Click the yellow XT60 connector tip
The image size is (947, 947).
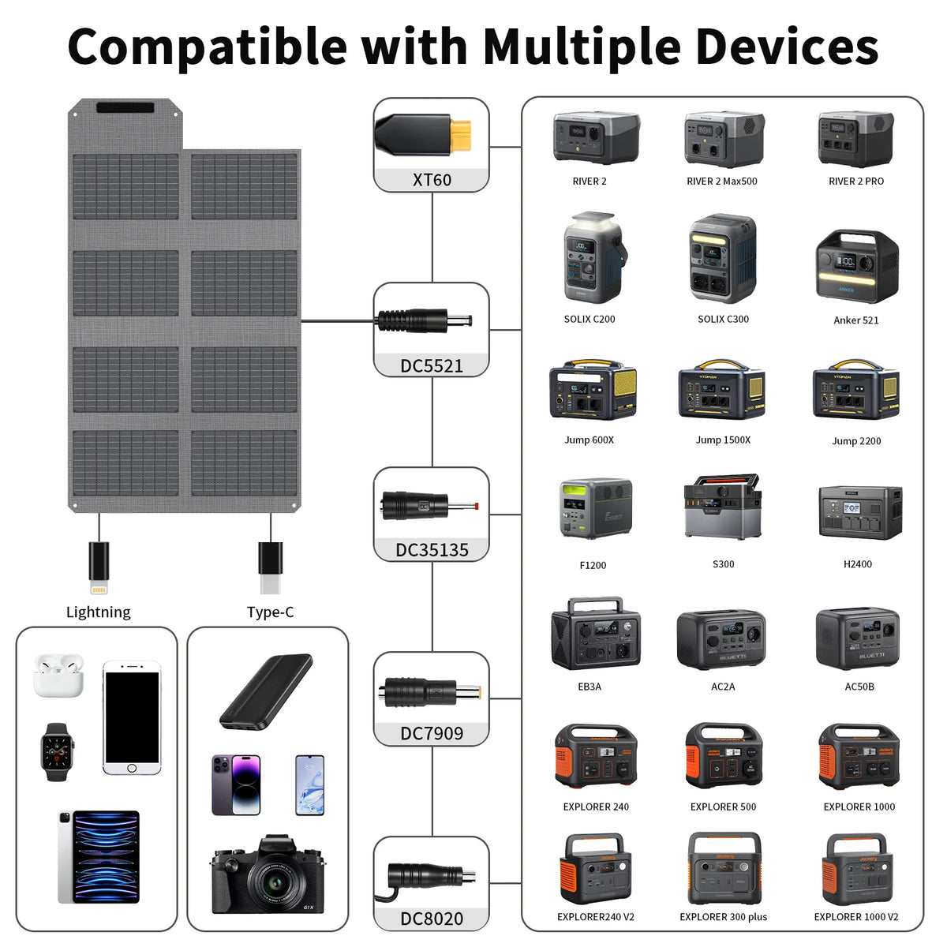(460, 134)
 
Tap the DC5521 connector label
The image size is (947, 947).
(432, 366)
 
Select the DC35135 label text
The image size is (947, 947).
(432, 550)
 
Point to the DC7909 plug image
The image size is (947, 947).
(429, 692)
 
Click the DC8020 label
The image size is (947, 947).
(432, 919)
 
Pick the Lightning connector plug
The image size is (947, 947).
(99, 567)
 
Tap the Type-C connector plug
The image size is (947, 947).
(271, 567)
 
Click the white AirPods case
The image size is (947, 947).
(58, 676)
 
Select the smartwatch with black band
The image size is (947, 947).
(57, 752)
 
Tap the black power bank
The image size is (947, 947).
(266, 691)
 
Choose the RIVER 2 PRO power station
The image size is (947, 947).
(855, 139)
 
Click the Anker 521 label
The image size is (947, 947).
(855, 320)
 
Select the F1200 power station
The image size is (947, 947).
(596, 509)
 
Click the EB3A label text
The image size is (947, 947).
(590, 687)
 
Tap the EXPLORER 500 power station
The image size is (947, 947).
(724, 755)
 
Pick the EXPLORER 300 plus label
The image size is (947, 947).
(723, 917)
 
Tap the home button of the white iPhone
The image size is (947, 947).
(132, 768)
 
